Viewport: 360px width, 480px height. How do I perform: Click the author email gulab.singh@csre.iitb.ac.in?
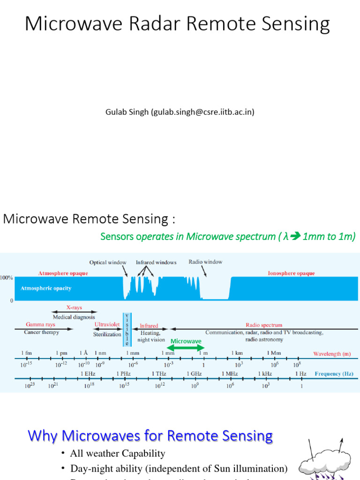[202, 112]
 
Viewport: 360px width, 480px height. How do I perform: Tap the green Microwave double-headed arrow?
[186, 348]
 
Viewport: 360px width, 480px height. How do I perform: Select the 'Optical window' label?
[108, 262]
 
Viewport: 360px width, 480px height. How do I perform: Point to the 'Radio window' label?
[205, 262]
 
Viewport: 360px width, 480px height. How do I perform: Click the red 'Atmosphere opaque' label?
[63, 273]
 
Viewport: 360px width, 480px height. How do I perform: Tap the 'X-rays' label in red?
[74, 307]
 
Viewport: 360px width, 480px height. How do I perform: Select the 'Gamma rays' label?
[41, 325]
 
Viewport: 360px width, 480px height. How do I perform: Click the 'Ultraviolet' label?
[107, 325]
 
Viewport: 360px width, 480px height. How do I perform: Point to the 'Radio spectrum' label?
[264, 325]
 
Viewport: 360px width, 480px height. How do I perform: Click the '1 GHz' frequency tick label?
[194, 374]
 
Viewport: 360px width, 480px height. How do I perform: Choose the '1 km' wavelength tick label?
[237, 352]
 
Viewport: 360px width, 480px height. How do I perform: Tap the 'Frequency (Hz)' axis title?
[334, 374]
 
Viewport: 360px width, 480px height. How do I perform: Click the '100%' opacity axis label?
[6, 278]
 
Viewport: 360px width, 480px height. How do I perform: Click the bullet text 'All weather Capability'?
[117, 453]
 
